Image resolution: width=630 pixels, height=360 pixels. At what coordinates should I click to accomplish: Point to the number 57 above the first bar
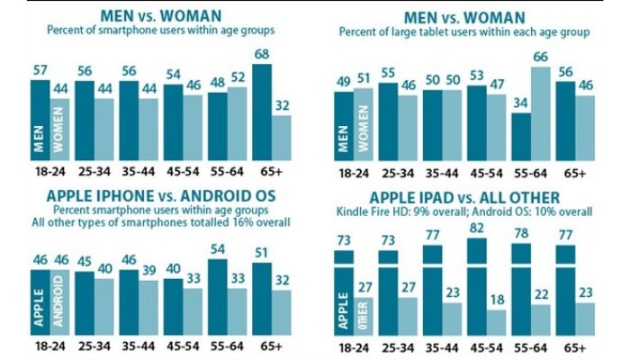40,69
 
